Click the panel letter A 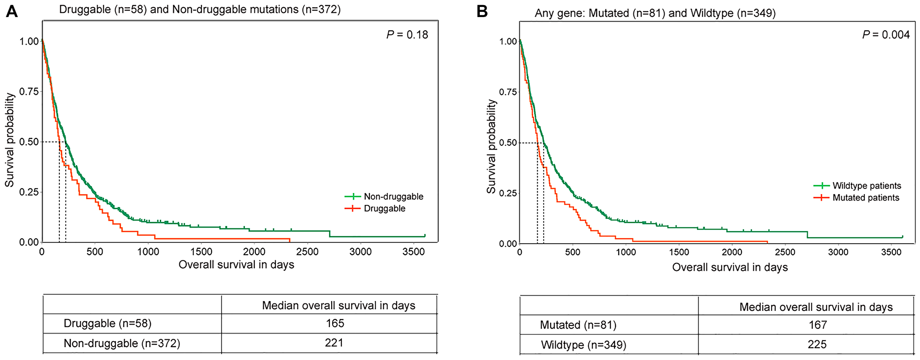[x=11, y=11]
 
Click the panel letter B [x=482, y=11]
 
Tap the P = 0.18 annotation [x=407, y=35]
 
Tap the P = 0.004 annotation [x=885, y=35]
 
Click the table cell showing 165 [x=335, y=323]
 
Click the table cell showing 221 [x=334, y=343]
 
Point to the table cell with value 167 [x=817, y=325]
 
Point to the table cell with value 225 [x=817, y=344]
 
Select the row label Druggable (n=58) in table [x=107, y=324]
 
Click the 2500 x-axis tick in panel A [x=307, y=252]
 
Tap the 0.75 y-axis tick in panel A [x=29, y=91]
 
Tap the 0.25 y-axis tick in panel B [x=508, y=193]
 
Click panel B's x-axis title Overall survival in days [x=730, y=268]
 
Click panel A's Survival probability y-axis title [x=10, y=141]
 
